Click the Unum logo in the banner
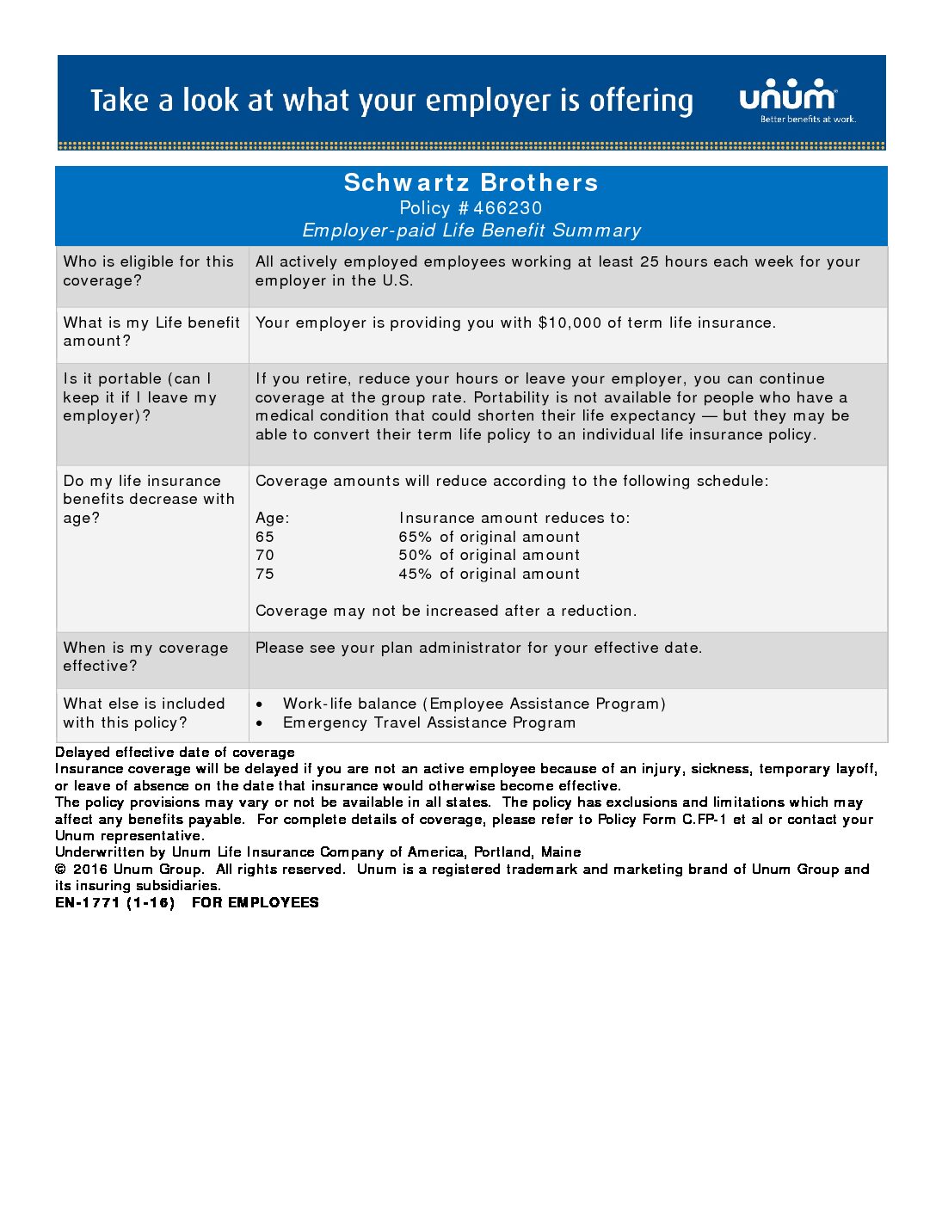[x=788, y=96]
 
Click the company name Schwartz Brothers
[x=471, y=182]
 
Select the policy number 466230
[x=508, y=208]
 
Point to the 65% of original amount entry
[x=489, y=537]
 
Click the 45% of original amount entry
[x=489, y=574]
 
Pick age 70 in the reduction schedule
[x=265, y=556]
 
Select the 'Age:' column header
[x=272, y=518]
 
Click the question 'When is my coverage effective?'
[x=145, y=656]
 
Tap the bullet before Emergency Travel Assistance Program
[x=260, y=723]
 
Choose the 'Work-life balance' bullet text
[x=473, y=704]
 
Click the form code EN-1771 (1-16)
[x=114, y=902]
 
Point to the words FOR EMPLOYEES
[x=255, y=902]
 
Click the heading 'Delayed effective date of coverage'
[x=175, y=752]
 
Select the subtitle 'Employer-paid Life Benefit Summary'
[x=471, y=231]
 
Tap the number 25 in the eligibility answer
[x=650, y=261]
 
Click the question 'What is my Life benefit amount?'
[x=151, y=331]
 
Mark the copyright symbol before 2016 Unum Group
[x=60, y=870]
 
